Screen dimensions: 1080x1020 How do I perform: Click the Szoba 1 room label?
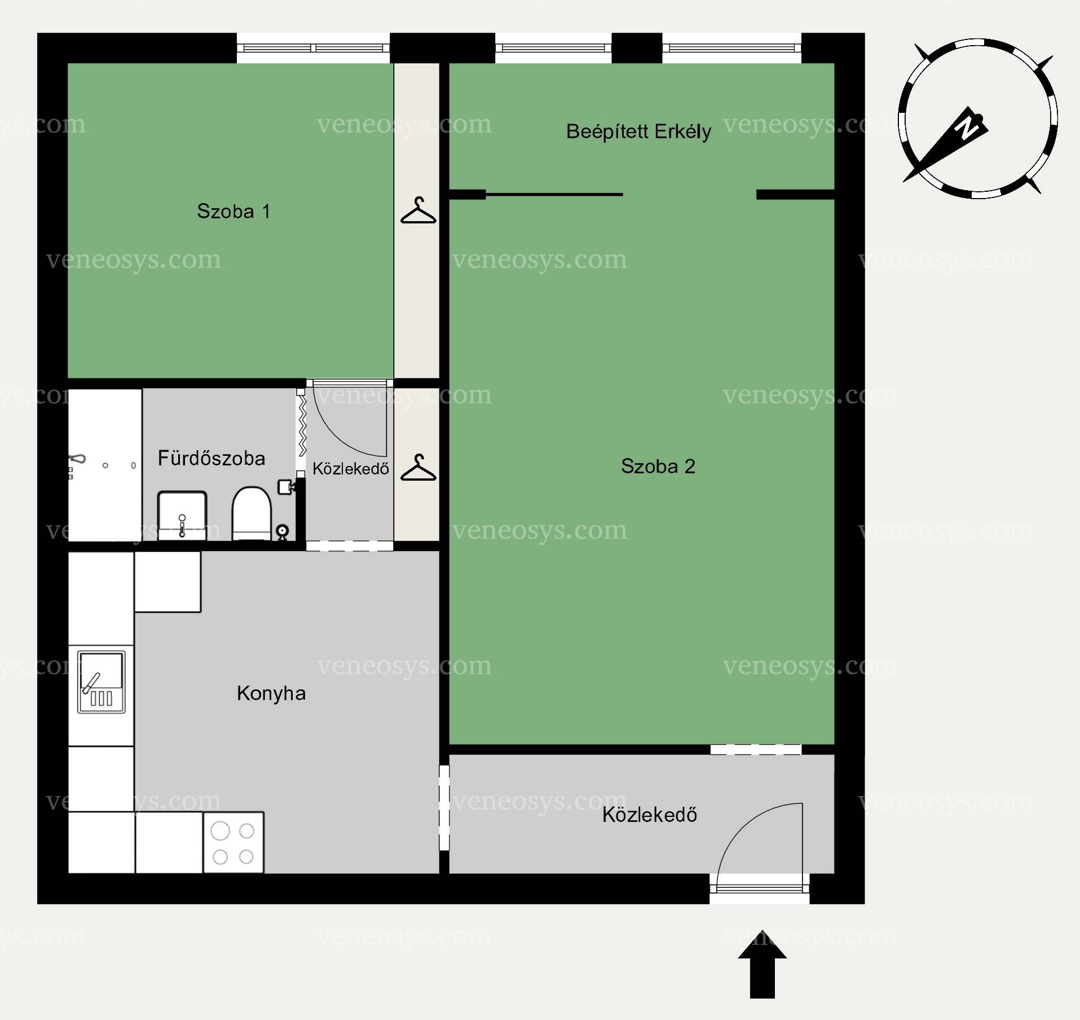tap(233, 212)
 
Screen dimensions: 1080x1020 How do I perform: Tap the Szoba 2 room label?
tap(658, 466)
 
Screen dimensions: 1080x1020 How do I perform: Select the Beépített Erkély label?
tap(638, 131)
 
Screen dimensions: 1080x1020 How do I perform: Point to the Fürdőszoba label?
tap(211, 458)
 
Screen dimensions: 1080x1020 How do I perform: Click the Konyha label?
tap(271, 693)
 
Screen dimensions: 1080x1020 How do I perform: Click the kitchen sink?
tap(102, 682)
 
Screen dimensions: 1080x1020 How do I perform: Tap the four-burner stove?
tap(233, 843)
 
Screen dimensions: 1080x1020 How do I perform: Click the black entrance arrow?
tap(762, 964)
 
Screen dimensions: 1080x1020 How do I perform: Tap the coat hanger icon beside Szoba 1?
tap(418, 210)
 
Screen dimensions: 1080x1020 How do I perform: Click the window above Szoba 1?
tap(313, 48)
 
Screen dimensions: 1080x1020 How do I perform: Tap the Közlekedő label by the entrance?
tap(650, 815)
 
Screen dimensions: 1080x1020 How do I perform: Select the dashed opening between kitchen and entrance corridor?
tap(444, 807)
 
